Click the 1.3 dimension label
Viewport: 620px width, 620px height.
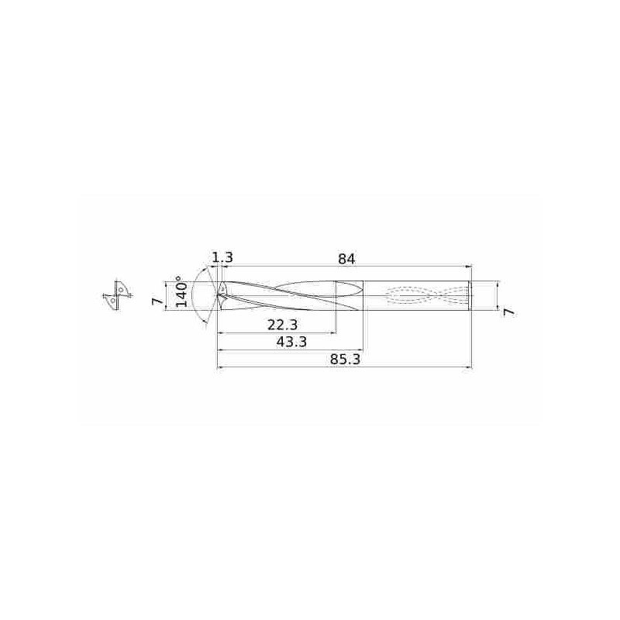[x=222, y=258]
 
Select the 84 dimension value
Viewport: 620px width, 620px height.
[x=346, y=259]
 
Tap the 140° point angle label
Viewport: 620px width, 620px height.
[x=181, y=292]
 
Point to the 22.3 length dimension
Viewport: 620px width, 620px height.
[x=282, y=325]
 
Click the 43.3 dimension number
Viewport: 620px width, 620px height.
[x=291, y=342]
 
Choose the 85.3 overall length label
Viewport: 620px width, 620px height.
[x=345, y=360]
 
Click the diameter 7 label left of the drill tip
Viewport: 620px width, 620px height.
[x=158, y=301]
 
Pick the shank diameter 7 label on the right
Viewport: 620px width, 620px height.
[x=509, y=312]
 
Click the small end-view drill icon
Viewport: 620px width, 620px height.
[x=117, y=296]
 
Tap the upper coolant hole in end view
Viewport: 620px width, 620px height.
[x=120, y=290]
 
